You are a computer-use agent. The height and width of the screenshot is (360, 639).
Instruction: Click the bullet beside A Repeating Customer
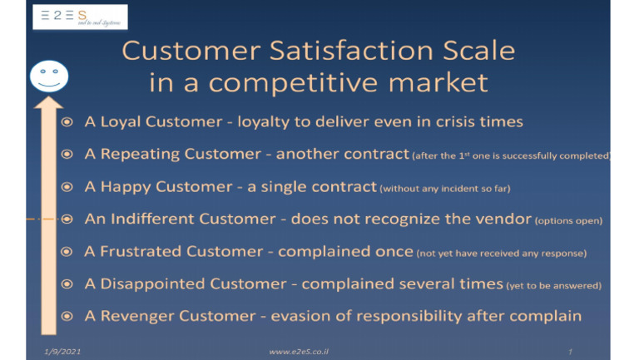point(67,155)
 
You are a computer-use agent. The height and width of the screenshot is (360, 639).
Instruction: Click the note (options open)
point(569,221)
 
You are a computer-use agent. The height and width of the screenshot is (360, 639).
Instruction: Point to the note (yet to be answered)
point(553,286)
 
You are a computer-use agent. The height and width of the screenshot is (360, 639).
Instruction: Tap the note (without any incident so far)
point(445,189)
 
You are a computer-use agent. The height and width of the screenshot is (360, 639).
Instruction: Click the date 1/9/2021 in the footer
point(62,352)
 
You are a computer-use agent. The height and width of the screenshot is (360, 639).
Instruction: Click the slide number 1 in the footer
point(571,352)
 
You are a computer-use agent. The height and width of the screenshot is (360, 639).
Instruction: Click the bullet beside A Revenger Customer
point(67,317)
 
